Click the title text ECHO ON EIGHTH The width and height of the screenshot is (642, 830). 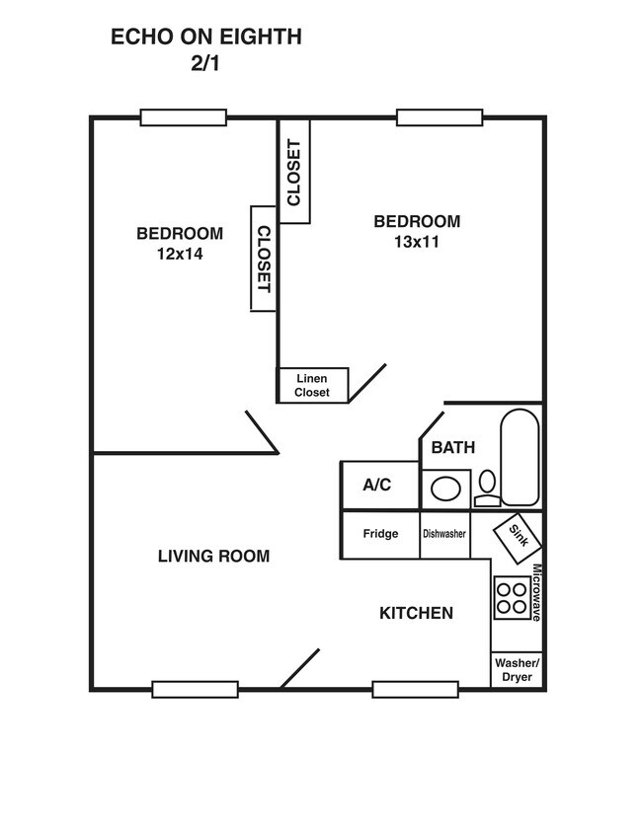click(x=205, y=38)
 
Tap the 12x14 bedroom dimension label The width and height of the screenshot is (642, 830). click(x=179, y=254)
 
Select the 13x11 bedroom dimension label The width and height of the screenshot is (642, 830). click(x=417, y=242)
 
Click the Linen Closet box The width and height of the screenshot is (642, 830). click(x=312, y=385)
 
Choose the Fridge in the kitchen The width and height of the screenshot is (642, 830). click(x=380, y=534)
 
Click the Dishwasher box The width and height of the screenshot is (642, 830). click(x=444, y=534)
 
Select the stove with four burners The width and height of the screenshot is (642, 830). click(x=511, y=596)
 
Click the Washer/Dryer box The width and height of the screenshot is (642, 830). click(x=517, y=669)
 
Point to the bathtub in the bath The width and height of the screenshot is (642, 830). click(x=520, y=456)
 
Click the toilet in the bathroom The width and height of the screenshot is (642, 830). click(x=486, y=488)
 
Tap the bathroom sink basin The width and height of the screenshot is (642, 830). click(x=445, y=490)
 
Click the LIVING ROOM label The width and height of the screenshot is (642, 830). click(x=213, y=557)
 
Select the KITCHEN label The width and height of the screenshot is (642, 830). click(x=416, y=613)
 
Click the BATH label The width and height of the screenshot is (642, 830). click(x=452, y=447)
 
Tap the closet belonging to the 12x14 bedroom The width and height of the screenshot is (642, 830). click(x=263, y=259)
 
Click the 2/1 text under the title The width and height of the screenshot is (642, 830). click(x=205, y=65)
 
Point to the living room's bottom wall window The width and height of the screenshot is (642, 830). click(x=195, y=689)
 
